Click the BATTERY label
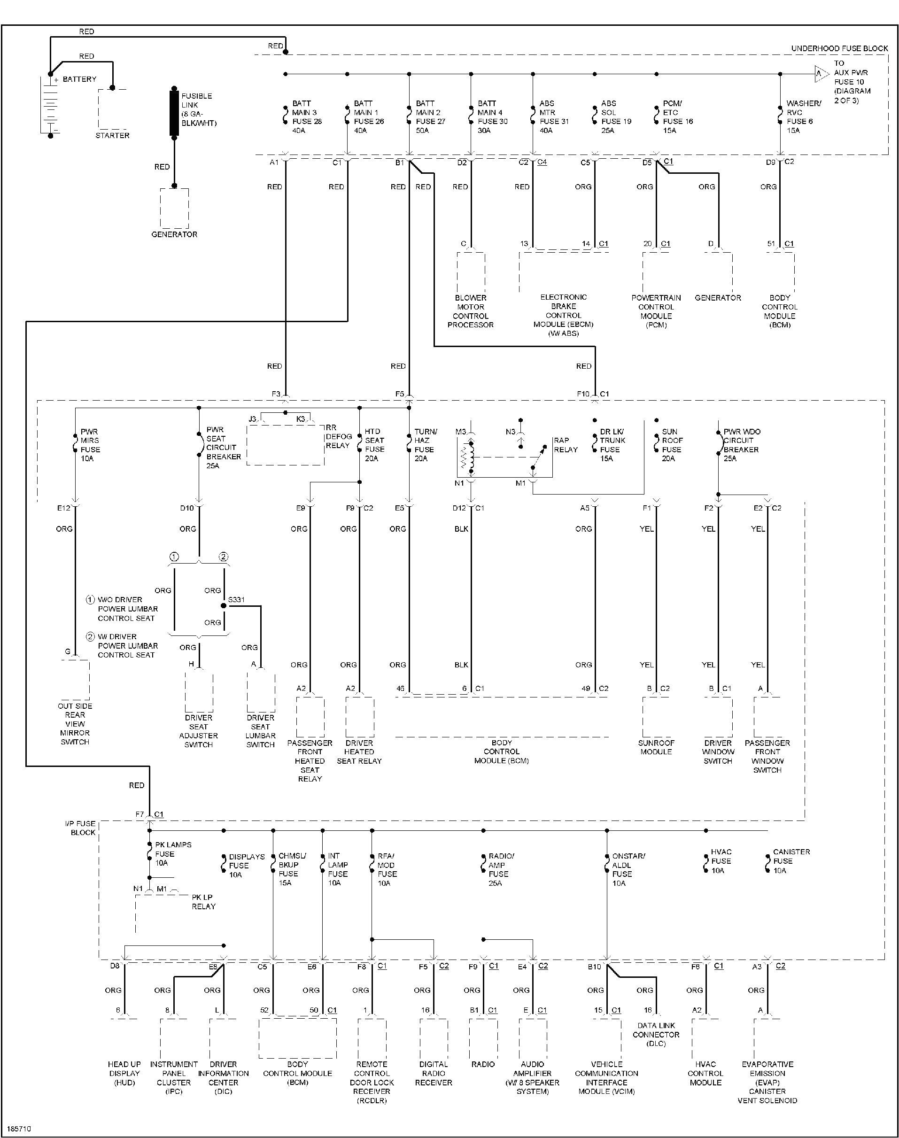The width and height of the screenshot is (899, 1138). [79, 79]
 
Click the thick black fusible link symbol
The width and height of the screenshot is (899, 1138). [174, 113]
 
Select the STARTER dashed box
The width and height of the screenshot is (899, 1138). [112, 109]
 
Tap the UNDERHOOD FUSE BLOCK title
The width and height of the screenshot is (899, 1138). [839, 48]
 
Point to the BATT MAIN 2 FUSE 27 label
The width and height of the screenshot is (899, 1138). [430, 117]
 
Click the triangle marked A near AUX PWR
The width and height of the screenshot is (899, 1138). [820, 74]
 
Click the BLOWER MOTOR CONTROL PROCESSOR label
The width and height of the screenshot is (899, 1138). [471, 311]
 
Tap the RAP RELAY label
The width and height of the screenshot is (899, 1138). [566, 445]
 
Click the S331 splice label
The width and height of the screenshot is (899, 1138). [236, 600]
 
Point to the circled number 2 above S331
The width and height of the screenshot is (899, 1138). [224, 557]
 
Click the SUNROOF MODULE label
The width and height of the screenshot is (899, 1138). [656, 747]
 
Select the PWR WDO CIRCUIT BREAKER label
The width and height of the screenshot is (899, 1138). [741, 445]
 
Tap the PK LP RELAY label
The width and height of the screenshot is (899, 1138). [203, 902]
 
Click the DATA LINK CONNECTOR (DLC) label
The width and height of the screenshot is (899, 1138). [656, 1034]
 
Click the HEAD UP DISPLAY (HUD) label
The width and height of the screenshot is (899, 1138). [124, 1073]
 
